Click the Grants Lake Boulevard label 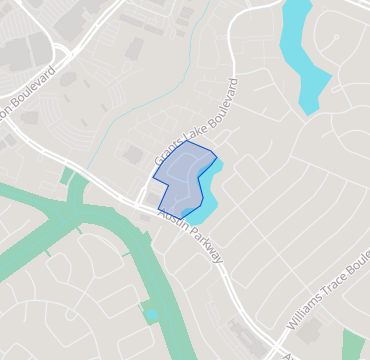pos(197,122)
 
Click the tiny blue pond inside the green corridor pos(151,315)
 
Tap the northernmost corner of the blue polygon pos(187,141)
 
